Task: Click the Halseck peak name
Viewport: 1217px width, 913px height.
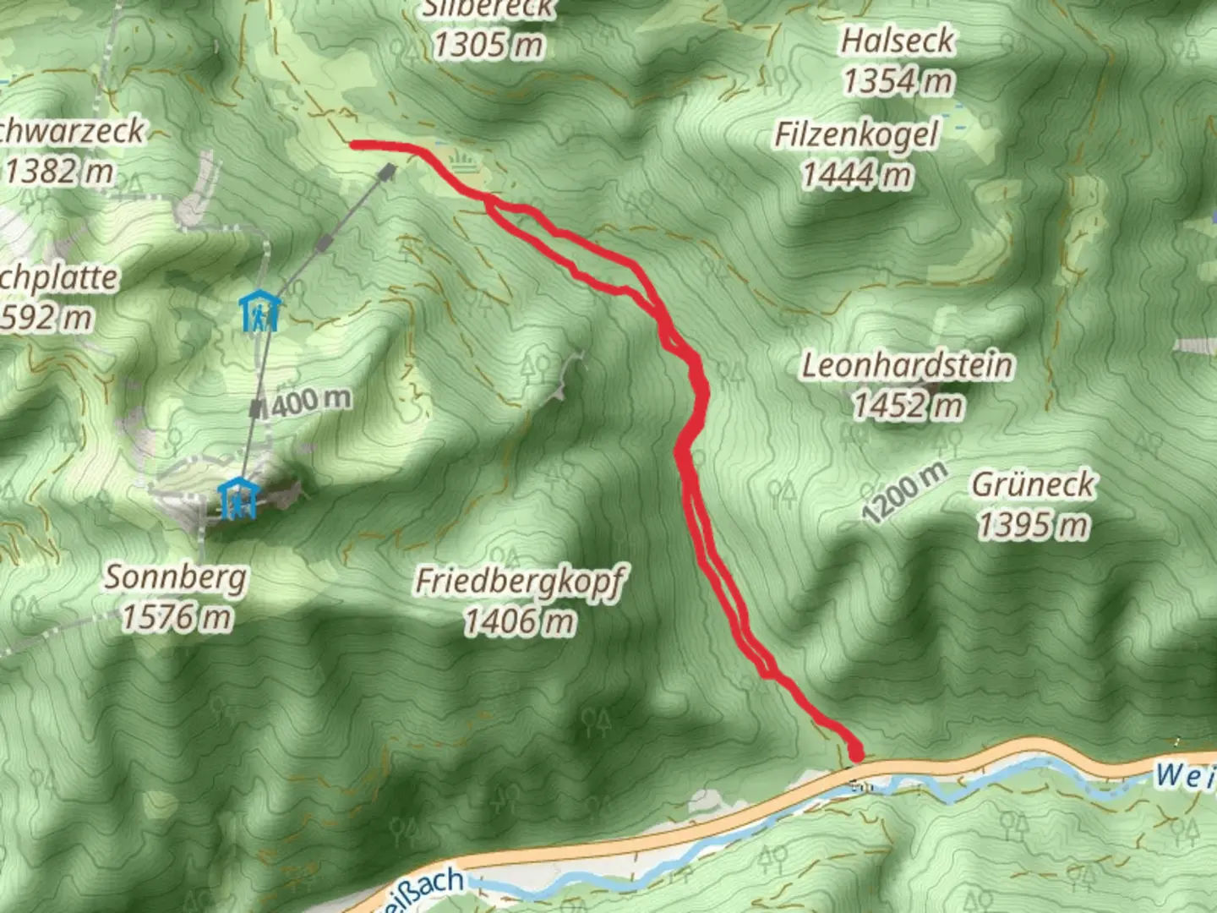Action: click(x=897, y=41)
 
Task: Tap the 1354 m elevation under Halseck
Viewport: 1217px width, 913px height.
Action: click(x=898, y=81)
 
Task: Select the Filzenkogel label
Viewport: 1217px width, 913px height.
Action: click(x=856, y=134)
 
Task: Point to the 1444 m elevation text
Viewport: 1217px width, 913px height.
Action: click(x=856, y=175)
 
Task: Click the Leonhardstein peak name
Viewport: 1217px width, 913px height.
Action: click(x=907, y=365)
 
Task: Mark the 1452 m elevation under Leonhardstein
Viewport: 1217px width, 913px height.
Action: click(x=907, y=406)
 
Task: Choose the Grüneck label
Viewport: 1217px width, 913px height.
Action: click(x=1033, y=484)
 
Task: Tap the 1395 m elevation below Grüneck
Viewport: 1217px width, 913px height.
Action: click(x=1033, y=525)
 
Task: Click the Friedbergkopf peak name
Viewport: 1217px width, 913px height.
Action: click(x=520, y=582)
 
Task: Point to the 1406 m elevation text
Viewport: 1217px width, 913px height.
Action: click(x=520, y=622)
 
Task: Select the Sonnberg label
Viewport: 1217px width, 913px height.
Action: click(x=176, y=577)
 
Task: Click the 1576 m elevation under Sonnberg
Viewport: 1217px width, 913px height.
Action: click(x=176, y=618)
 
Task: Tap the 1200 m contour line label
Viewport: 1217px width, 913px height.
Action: click(x=904, y=493)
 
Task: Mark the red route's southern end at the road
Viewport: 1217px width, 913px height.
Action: click(x=856, y=752)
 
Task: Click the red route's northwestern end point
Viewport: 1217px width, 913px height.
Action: click(x=355, y=145)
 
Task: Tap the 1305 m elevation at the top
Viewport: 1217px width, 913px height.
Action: click(x=488, y=44)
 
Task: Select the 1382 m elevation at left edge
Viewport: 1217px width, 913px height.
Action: click(x=59, y=172)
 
